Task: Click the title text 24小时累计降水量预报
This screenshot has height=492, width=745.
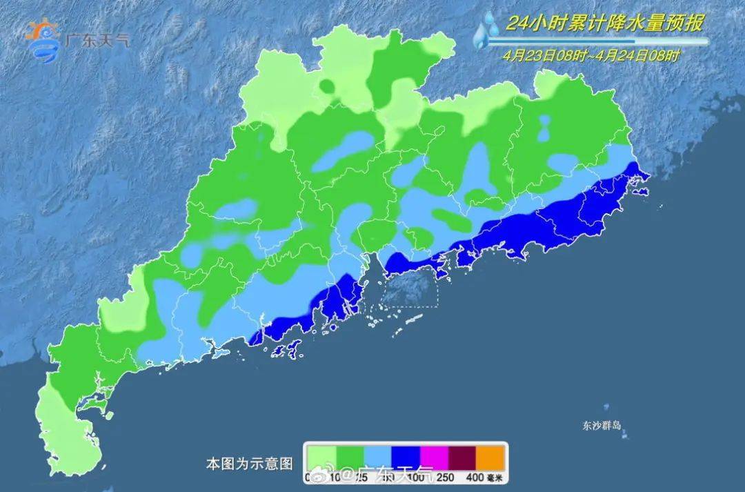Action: [x=604, y=24]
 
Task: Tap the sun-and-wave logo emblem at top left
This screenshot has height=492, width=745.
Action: [x=43, y=40]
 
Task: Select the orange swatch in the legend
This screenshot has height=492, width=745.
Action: [x=491, y=457]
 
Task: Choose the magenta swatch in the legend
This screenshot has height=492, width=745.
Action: [x=435, y=457]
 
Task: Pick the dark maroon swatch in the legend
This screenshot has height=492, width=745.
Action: [x=463, y=457]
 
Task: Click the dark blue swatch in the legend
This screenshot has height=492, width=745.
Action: [x=406, y=457]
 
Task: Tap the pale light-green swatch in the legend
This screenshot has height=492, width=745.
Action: [x=321, y=457]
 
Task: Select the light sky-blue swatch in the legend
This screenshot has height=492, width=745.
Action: [x=377, y=457]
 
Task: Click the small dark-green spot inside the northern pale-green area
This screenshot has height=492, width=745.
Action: [x=326, y=86]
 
